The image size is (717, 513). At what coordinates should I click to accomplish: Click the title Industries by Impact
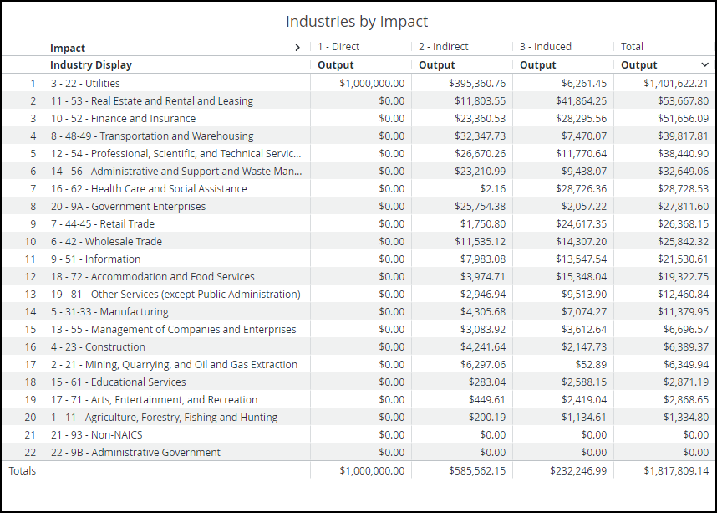click(357, 21)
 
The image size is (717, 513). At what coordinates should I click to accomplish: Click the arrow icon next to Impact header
click(297, 48)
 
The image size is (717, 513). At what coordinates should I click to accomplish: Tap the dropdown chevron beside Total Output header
click(704, 64)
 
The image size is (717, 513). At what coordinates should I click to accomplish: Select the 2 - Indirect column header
click(444, 47)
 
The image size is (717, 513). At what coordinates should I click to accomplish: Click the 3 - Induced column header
click(545, 47)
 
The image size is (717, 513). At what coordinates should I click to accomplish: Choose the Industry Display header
click(91, 65)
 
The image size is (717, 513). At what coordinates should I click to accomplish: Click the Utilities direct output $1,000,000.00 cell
click(372, 84)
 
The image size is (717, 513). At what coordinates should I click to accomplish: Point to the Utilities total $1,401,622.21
click(675, 84)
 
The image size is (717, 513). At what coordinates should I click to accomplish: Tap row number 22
click(31, 453)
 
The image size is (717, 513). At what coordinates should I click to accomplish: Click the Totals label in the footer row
click(23, 471)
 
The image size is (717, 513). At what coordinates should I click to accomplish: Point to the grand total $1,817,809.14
click(675, 471)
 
